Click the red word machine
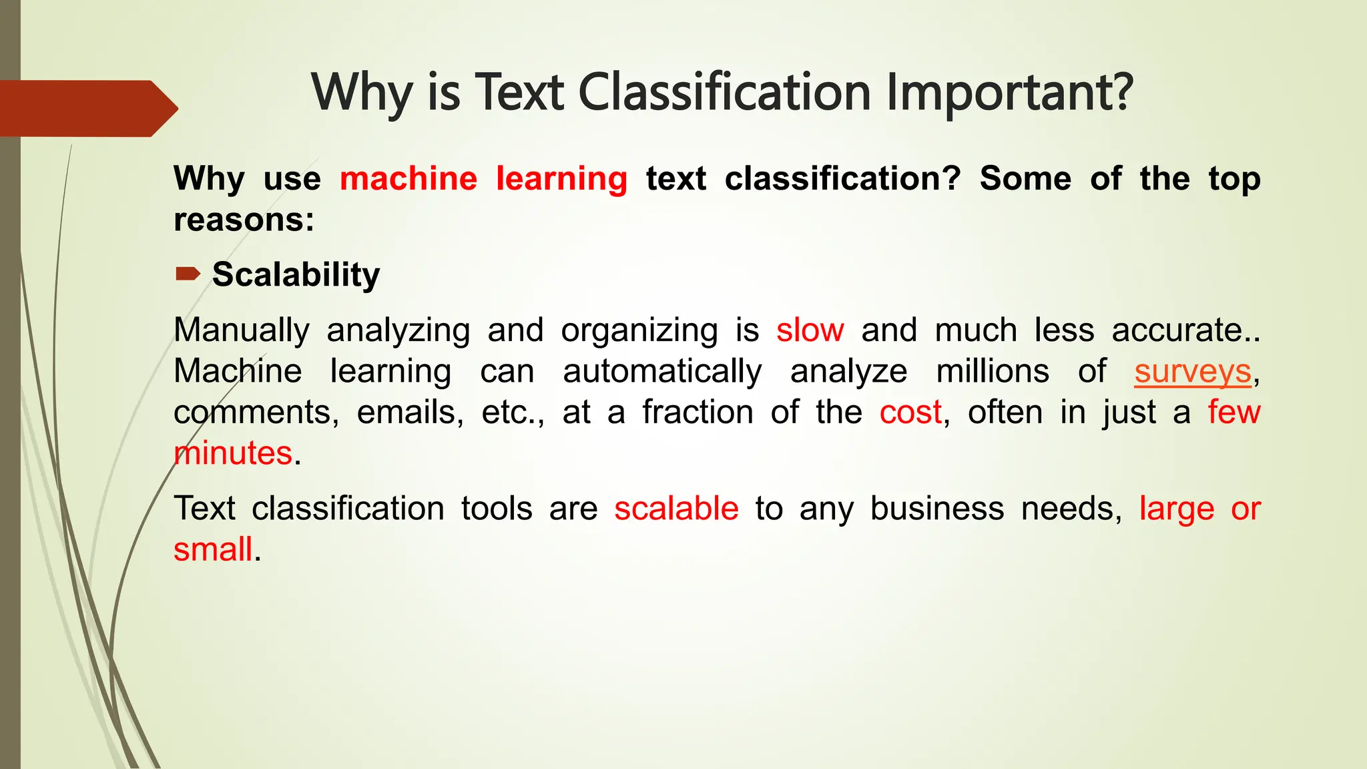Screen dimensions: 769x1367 [408, 179]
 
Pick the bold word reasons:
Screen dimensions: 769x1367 [244, 220]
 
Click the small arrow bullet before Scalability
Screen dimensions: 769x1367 [188, 274]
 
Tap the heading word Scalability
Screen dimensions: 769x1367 [296, 275]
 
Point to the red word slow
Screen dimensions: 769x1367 [810, 330]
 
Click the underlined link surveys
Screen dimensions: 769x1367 [1192, 372]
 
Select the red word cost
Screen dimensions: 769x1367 [910, 413]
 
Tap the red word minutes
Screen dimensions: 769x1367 [233, 453]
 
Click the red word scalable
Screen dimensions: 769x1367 [676, 509]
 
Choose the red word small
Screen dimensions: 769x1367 [213, 550]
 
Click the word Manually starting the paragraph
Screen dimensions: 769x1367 [242, 330]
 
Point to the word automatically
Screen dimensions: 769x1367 [662, 372]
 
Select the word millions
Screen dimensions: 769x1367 [992, 371]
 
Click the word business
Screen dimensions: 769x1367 [936, 509]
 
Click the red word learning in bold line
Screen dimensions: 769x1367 [561, 179]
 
